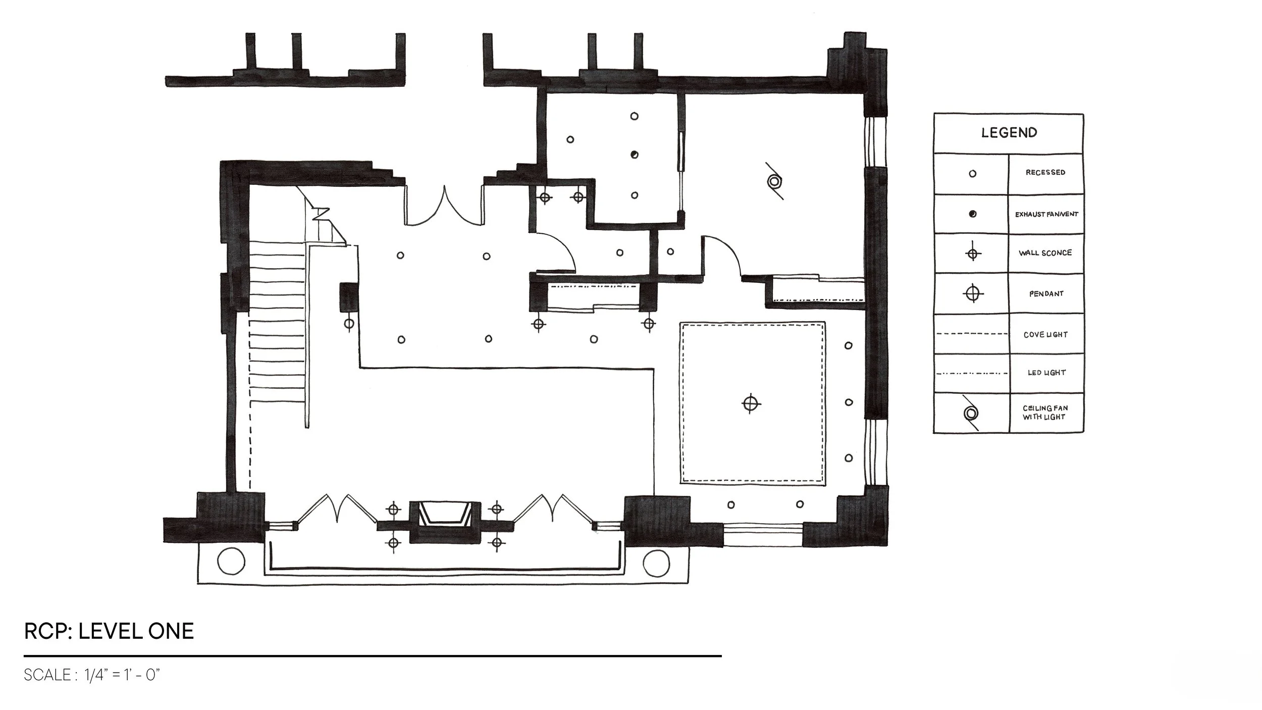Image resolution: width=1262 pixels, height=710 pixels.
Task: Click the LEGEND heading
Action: click(x=1009, y=133)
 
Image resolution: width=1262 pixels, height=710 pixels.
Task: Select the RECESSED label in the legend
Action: click(x=1045, y=172)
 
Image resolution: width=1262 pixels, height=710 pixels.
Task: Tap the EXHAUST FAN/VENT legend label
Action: click(x=1046, y=214)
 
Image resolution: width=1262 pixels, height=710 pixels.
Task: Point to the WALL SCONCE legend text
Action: click(x=1045, y=253)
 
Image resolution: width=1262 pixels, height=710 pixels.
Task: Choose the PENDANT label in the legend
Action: click(x=1046, y=293)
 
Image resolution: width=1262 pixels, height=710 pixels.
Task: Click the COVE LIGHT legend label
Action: click(x=1045, y=334)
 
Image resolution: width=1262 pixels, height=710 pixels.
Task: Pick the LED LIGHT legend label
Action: click(x=1046, y=373)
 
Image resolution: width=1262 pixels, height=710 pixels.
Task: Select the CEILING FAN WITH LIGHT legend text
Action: click(x=1045, y=413)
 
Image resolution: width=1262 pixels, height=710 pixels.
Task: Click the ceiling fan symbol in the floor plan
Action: click(x=774, y=181)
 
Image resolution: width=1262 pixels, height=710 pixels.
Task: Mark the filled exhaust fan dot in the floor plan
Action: click(x=635, y=155)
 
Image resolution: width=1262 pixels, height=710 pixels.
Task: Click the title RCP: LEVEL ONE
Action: click(x=109, y=631)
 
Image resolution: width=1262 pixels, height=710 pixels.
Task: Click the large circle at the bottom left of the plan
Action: click(x=231, y=562)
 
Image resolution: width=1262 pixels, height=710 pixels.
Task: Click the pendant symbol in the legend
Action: click(x=972, y=293)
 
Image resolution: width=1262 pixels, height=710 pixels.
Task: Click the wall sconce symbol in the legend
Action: click(x=972, y=253)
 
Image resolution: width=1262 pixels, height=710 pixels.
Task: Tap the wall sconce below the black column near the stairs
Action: click(x=348, y=324)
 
